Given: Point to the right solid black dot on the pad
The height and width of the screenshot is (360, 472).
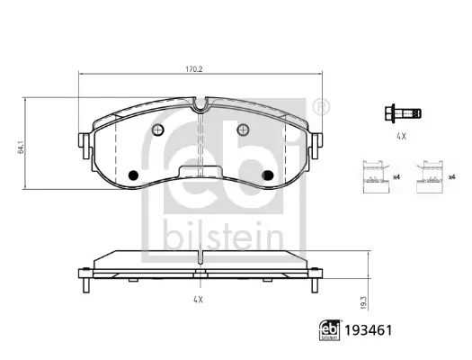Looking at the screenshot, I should pos(265,175).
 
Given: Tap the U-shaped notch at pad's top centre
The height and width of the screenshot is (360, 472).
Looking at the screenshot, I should pos(200,105).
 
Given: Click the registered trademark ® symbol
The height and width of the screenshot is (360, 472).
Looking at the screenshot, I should pos(322,107).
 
